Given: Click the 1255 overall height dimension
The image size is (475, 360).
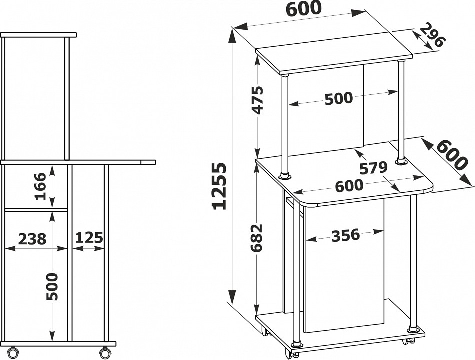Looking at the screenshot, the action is [x=220, y=186].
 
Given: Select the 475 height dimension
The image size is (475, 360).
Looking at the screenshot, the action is [x=258, y=100].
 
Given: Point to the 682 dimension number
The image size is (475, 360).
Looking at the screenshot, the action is [x=257, y=238].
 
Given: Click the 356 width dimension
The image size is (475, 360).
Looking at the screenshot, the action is [x=346, y=236].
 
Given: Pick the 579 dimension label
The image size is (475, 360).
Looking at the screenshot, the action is [x=373, y=168].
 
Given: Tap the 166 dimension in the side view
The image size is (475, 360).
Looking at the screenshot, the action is [x=40, y=186].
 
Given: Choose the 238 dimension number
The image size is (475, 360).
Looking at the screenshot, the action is [x=32, y=238].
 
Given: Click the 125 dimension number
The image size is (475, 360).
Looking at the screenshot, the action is [x=89, y=238].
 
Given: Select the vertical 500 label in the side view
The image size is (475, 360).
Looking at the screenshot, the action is [x=52, y=286].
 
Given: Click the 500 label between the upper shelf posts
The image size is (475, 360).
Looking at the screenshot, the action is [x=339, y=98].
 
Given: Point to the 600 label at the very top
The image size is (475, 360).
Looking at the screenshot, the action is [x=303, y=8].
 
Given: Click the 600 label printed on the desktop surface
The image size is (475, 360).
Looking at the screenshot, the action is [x=349, y=185].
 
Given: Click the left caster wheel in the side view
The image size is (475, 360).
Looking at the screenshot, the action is [x=13, y=353].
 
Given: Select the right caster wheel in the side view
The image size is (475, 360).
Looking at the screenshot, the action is [x=104, y=353].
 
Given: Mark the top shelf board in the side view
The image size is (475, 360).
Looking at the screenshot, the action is [x=39, y=35].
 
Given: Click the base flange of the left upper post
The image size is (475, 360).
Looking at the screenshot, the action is [x=285, y=176].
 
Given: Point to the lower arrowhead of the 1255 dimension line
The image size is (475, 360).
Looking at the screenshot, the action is [x=232, y=297].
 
